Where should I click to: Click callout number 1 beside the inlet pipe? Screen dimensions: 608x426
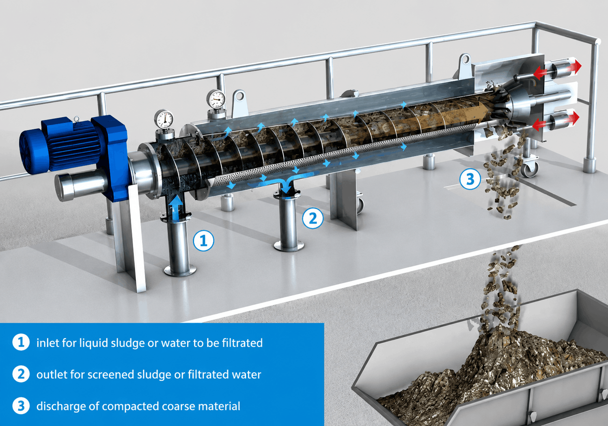coord(204,241)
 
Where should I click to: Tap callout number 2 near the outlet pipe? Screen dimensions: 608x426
coord(313,218)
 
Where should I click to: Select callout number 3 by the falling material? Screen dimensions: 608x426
coord(470,179)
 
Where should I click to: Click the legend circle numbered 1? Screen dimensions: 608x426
coord(21,342)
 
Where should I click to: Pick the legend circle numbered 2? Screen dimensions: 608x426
coord(21,374)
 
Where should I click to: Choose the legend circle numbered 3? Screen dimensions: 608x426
coord(21,406)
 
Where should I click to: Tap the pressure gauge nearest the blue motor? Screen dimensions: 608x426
coord(164,119)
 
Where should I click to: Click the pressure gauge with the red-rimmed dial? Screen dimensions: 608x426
coord(216,99)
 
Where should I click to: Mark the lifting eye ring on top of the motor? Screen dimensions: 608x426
coord(77,118)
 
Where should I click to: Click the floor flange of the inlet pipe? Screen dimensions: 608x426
coord(180,271)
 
